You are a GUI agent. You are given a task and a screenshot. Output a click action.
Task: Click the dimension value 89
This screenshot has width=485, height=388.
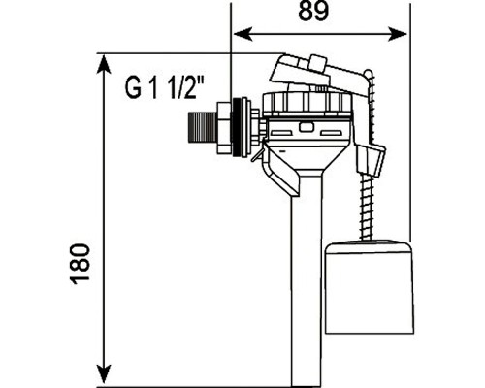tap(313, 12)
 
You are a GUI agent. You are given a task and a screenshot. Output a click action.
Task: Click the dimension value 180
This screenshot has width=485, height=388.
tap(80, 264)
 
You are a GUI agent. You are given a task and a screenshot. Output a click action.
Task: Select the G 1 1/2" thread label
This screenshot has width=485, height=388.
tap(165, 87)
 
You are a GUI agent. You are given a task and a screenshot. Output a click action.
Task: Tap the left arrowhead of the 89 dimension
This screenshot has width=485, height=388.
tap(242, 34)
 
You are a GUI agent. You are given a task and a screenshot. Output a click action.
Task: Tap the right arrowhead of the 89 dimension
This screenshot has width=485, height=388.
tap(398, 34)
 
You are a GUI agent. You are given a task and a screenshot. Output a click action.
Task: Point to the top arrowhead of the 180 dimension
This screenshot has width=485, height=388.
tap(104, 65)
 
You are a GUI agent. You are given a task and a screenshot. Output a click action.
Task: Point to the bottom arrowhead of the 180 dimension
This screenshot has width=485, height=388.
tap(104, 375)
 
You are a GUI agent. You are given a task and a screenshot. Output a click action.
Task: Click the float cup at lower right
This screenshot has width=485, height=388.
tap(370, 286)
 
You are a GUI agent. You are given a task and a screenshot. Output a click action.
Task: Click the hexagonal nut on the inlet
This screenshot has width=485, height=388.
tap(223, 127)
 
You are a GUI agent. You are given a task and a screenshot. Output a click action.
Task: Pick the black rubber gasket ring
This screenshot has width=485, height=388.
tap(237, 127)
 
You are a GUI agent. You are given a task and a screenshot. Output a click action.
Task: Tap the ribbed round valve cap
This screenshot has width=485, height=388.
tap(307, 104)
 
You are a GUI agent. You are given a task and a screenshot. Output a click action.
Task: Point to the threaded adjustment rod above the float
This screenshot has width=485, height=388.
tap(367, 207)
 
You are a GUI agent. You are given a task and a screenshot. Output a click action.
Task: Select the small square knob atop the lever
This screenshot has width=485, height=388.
tap(317, 62)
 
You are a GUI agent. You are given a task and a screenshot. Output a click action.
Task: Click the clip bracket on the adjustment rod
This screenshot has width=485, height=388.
tap(372, 159)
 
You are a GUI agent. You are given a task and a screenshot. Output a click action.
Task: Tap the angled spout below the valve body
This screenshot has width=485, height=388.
tap(281, 172)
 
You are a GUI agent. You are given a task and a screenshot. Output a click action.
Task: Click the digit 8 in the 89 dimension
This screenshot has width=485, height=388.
tap(306, 12)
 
